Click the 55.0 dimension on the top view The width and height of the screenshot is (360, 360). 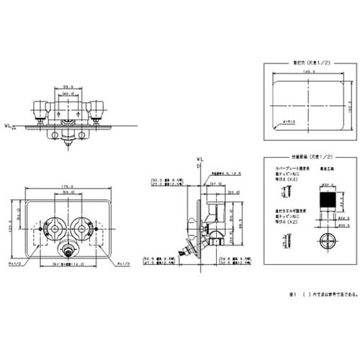click(68, 84)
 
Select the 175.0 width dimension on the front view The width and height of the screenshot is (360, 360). click(68, 186)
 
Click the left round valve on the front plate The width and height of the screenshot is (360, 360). click(53, 230)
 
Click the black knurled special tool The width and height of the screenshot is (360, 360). click(328, 203)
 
